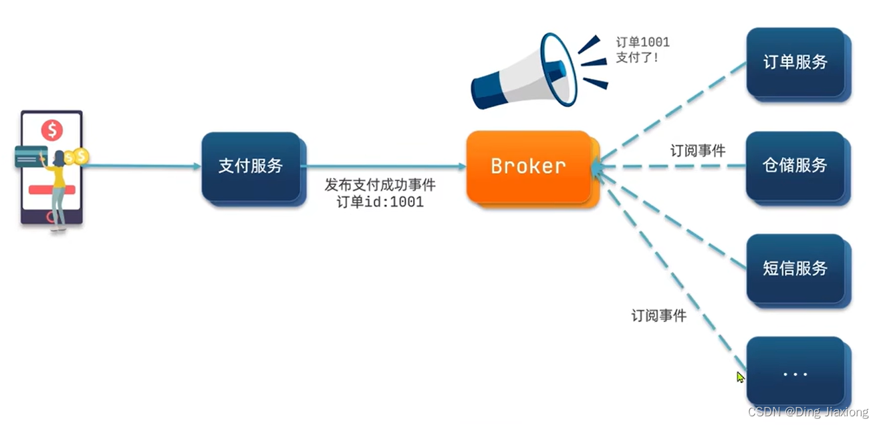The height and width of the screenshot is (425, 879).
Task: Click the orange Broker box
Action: [x=528, y=166]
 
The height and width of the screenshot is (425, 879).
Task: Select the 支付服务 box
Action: [x=251, y=166]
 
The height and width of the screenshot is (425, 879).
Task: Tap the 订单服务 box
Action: [x=795, y=62]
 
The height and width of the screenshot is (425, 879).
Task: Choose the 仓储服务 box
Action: [x=795, y=165]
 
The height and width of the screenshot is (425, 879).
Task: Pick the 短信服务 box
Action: [x=795, y=269]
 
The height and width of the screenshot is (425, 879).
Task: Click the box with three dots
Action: [x=795, y=373]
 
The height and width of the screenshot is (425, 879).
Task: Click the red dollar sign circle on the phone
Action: [x=51, y=130]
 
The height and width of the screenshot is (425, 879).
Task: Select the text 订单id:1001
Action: [x=380, y=202]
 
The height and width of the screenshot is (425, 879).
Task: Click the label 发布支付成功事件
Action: [x=380, y=185]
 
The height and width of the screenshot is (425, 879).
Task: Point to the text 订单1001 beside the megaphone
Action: [x=642, y=42]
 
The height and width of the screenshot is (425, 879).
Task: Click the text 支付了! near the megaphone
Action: [x=637, y=57]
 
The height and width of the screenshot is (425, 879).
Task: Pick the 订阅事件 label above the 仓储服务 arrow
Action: [x=698, y=151]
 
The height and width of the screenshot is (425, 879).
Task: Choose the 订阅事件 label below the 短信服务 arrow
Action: [x=658, y=316]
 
